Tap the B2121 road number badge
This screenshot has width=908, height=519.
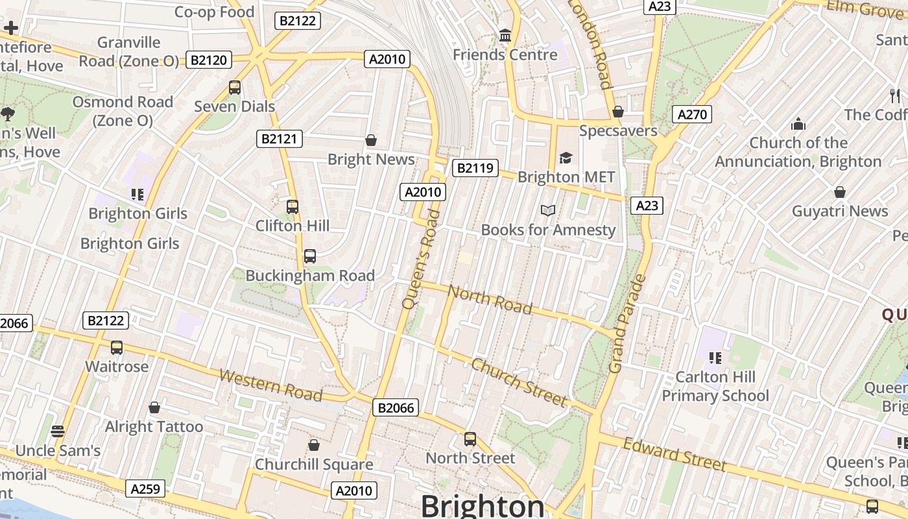coord(280,138)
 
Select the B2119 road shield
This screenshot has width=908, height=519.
coord(475,169)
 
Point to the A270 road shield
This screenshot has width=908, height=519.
coord(691,115)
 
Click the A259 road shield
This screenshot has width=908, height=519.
coord(145,489)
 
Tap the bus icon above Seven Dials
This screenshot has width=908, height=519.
coord(235,88)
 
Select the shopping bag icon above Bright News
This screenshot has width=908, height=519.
coord(371,140)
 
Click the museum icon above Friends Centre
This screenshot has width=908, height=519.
coord(505,35)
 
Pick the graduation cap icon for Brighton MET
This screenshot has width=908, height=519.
coord(566,158)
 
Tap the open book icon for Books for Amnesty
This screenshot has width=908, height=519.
coord(548,210)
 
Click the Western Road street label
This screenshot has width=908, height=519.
coord(270,384)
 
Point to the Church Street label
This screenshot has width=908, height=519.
coord(519,381)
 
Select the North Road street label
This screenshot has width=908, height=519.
coord(490,299)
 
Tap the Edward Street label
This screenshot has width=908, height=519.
coord(675,454)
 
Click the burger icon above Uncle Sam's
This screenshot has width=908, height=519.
coord(58,431)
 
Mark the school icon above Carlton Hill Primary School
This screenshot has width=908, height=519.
coord(715,358)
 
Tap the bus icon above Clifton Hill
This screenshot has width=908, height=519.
coord(293,207)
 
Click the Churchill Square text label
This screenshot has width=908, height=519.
coord(314,465)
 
